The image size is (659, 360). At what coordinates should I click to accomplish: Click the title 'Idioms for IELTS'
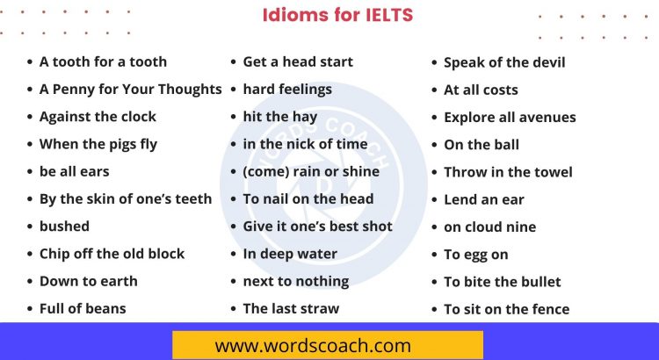[x=338, y=16]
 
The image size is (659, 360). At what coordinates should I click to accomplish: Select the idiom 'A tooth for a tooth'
[x=103, y=61]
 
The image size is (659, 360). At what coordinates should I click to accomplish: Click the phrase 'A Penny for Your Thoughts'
[x=130, y=89]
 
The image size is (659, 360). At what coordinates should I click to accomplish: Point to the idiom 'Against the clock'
[x=98, y=116]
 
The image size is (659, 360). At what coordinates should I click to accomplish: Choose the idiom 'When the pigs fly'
[x=98, y=144]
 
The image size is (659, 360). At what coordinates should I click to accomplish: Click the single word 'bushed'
[x=64, y=226]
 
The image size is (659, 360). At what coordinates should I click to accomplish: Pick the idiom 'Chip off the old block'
[x=112, y=253]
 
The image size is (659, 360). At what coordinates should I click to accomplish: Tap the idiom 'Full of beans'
[x=83, y=308]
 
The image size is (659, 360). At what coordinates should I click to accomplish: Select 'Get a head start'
[x=298, y=61]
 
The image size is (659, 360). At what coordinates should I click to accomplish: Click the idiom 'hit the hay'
[x=280, y=116]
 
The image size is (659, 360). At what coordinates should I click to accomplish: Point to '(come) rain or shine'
[x=311, y=171]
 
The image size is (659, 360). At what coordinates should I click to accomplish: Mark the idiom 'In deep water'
[x=290, y=253]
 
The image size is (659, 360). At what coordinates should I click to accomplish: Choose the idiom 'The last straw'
[x=291, y=308]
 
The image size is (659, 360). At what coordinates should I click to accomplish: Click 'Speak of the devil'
[x=504, y=62]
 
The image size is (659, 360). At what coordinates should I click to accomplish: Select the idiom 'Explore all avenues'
[x=510, y=117]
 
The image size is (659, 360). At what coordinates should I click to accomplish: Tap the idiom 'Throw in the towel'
[x=508, y=172]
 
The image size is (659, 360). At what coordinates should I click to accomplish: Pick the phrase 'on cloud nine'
[x=489, y=227]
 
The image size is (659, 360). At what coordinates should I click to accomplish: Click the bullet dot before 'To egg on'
[x=434, y=255]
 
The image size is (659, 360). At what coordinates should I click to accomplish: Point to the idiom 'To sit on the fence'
[x=506, y=309]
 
